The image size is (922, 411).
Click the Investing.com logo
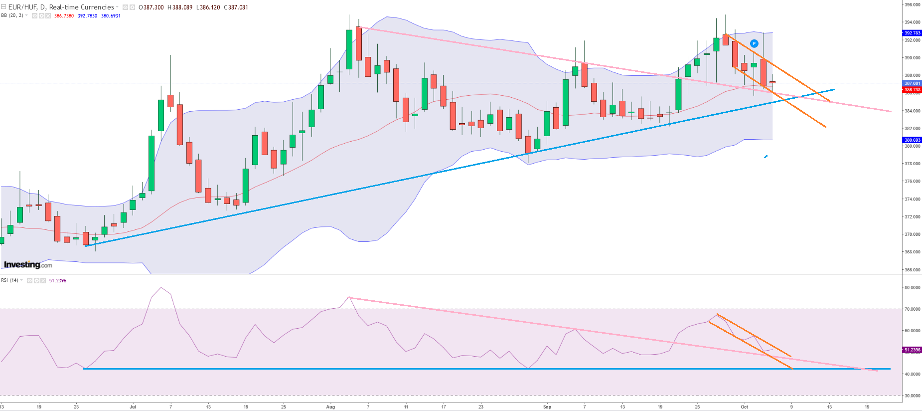coord(28,265)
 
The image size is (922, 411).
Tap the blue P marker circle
coord(754,44)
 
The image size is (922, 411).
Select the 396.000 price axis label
coord(913,4)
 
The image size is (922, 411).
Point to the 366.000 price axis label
coord(913,270)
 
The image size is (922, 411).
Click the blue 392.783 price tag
coord(913,33)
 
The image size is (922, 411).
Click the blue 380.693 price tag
coord(913,140)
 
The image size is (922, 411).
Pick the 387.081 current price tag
coord(913,83)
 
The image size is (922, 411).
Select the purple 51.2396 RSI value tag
coord(913,350)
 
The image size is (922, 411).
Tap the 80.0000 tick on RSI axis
coord(912,288)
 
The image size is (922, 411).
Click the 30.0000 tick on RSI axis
coord(912,396)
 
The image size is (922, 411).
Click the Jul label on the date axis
coord(133,407)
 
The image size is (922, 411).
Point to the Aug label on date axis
coord(330,407)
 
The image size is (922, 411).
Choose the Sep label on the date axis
coord(547,407)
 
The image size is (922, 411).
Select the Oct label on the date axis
coord(744,407)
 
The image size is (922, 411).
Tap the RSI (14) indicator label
coord(10,280)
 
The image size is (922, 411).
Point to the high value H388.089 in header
coord(180,7)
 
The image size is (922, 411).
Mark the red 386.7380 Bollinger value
coord(64,16)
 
